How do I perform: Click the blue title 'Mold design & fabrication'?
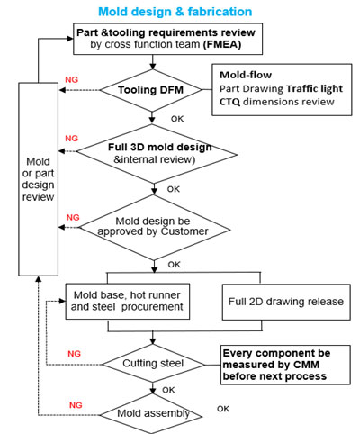point(175,12)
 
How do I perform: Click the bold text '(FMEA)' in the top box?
point(222,44)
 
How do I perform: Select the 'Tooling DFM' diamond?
point(151,90)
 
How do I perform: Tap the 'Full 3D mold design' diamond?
point(157,154)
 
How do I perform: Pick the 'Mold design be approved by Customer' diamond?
point(154,228)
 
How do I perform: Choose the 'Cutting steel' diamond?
point(153,364)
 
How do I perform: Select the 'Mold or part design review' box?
point(39,179)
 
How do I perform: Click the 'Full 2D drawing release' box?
point(286,302)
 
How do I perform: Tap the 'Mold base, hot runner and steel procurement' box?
point(128,302)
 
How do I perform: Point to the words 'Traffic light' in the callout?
point(314,89)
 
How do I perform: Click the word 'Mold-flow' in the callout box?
point(246,75)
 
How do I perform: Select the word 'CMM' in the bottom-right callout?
point(306,365)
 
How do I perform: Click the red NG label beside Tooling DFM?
point(71,80)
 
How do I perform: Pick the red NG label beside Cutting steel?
point(74,354)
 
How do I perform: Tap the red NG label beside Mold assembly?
point(76,405)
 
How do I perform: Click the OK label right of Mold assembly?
point(223,409)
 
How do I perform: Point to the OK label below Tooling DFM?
point(177,119)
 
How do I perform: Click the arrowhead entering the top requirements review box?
point(70,39)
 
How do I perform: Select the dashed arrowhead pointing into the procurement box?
point(62,301)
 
